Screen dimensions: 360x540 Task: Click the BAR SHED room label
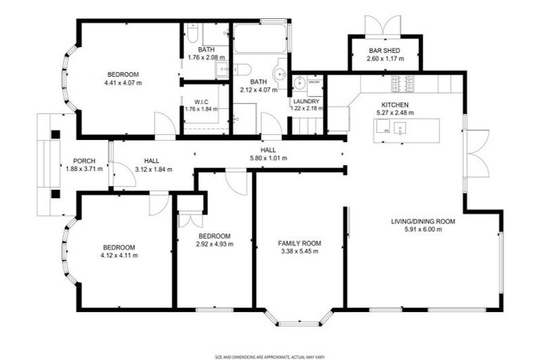385,50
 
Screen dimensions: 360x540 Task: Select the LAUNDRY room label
307,101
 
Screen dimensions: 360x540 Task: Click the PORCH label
84,161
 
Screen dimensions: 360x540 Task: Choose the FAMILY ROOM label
299,243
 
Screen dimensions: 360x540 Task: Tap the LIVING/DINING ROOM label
423,221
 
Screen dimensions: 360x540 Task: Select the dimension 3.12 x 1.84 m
153,169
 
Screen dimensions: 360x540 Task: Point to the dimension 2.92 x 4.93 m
214,244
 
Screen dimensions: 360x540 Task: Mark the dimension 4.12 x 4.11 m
119,255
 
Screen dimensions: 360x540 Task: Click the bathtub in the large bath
259,39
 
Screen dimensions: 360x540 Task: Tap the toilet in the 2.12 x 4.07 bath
241,69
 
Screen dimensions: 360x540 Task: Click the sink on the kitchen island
399,128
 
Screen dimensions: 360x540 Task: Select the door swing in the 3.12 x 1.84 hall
123,176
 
